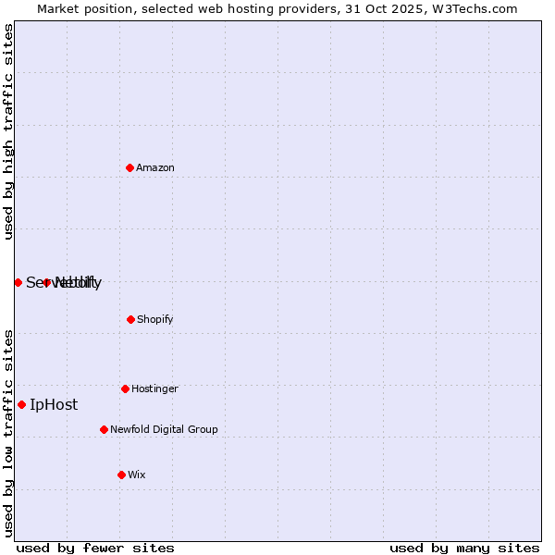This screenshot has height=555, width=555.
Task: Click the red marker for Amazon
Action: point(130,167)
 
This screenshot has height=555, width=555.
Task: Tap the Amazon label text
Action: point(155,167)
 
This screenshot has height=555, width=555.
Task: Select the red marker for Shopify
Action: point(130,319)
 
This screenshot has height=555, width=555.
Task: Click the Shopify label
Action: point(155,319)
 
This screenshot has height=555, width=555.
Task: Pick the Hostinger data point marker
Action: point(125,388)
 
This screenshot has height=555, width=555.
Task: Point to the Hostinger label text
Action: point(154,388)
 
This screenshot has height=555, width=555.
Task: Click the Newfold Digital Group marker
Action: point(104,429)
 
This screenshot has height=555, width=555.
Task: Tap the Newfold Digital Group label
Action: point(164,429)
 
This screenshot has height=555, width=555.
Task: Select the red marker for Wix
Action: point(121,475)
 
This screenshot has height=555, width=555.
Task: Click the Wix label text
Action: point(137,475)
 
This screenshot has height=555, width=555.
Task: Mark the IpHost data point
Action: point(21,404)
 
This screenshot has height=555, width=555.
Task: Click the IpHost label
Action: point(54,404)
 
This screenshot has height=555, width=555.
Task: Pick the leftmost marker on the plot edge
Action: point(18,282)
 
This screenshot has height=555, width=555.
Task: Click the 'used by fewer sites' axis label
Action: point(95,548)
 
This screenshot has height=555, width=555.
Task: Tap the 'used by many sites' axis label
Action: point(464,548)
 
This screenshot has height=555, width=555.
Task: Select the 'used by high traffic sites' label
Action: point(8,131)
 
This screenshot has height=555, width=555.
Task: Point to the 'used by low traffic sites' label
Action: point(8,432)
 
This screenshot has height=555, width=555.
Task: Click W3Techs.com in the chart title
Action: point(473,8)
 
